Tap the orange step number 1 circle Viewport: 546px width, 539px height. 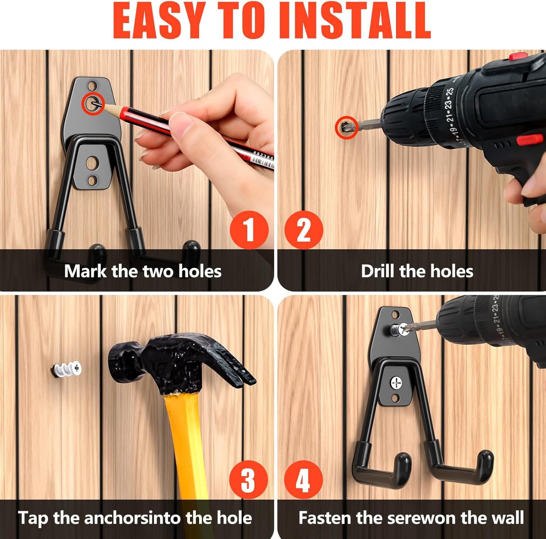249,230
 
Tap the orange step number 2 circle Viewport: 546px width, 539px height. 304,230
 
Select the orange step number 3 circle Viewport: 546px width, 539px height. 248,480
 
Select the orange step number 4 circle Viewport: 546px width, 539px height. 303,480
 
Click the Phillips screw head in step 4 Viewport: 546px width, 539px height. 396,383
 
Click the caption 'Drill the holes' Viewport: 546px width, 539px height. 417,271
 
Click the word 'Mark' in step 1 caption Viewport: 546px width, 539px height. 85,271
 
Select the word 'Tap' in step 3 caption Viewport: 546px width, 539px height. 33,518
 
